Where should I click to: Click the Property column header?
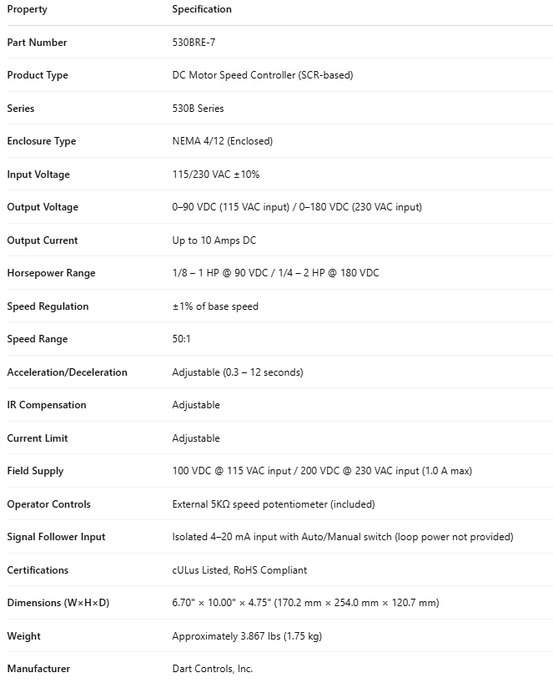click(x=27, y=9)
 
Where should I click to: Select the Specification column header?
click(x=202, y=9)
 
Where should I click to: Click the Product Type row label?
click(x=38, y=75)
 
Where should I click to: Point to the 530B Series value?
click(x=198, y=109)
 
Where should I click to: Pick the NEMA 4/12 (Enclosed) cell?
click(x=222, y=141)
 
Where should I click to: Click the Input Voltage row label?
click(x=38, y=175)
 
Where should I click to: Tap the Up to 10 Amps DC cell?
click(x=214, y=240)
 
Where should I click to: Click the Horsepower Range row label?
click(x=51, y=273)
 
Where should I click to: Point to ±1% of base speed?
click(x=215, y=306)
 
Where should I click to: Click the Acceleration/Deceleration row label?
click(x=67, y=372)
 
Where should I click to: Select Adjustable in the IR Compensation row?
click(x=196, y=405)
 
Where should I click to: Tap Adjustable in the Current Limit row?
click(x=196, y=438)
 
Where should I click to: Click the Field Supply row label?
click(x=35, y=471)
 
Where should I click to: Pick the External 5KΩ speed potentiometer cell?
click(x=274, y=504)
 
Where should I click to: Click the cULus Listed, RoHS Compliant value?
click(x=239, y=570)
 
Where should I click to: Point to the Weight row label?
click(x=23, y=636)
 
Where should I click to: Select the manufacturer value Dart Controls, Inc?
click(x=212, y=669)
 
